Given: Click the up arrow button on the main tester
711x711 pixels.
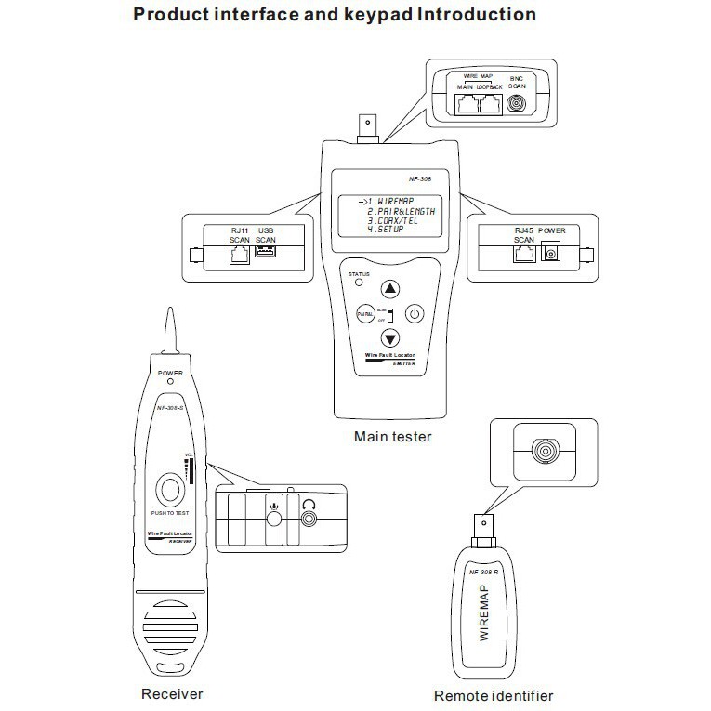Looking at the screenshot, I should (x=391, y=288).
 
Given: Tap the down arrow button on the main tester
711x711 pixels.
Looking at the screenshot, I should (x=391, y=339).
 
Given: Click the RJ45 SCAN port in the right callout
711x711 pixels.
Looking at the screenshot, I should (x=522, y=254).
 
